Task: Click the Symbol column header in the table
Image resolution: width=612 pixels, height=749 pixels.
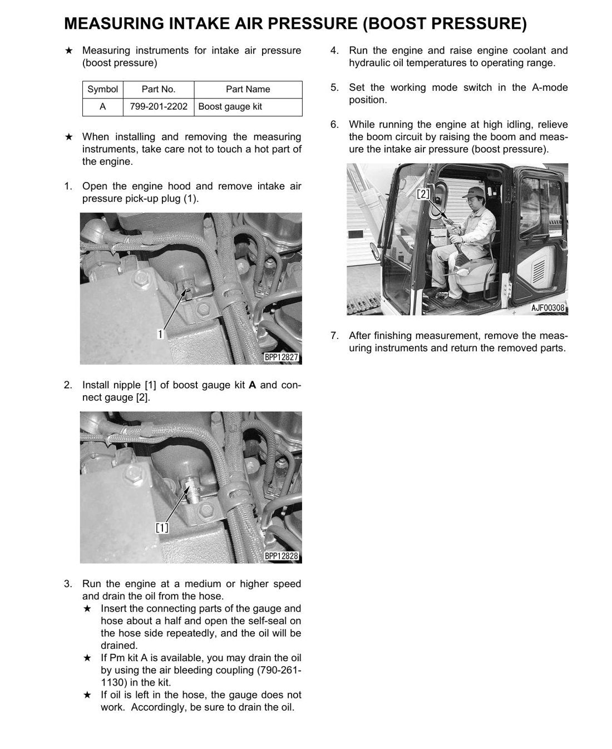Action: [103, 89]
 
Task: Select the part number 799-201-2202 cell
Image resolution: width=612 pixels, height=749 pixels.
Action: [159, 106]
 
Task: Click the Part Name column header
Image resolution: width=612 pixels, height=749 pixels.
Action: [248, 89]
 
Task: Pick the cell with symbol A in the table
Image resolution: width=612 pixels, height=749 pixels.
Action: [103, 106]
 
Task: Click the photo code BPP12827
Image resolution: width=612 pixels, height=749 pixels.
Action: [282, 357]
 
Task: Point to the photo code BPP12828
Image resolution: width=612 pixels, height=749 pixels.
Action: [282, 556]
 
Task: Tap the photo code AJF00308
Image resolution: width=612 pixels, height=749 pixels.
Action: [547, 308]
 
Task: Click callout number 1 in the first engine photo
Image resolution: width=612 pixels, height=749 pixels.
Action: [161, 334]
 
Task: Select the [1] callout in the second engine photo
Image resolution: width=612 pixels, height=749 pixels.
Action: [162, 528]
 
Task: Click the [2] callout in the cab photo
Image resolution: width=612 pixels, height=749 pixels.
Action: [423, 194]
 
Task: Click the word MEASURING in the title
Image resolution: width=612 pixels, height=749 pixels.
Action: [114, 23]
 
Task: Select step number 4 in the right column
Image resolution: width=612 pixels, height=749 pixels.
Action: [334, 51]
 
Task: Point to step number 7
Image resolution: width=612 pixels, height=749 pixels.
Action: [334, 336]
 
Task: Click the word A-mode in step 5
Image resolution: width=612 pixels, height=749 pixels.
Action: [550, 87]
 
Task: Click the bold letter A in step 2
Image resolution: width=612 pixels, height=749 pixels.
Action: [252, 385]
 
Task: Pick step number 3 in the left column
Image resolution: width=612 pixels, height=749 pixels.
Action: [68, 584]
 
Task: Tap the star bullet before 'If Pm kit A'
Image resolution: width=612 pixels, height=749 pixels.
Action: [87, 658]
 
